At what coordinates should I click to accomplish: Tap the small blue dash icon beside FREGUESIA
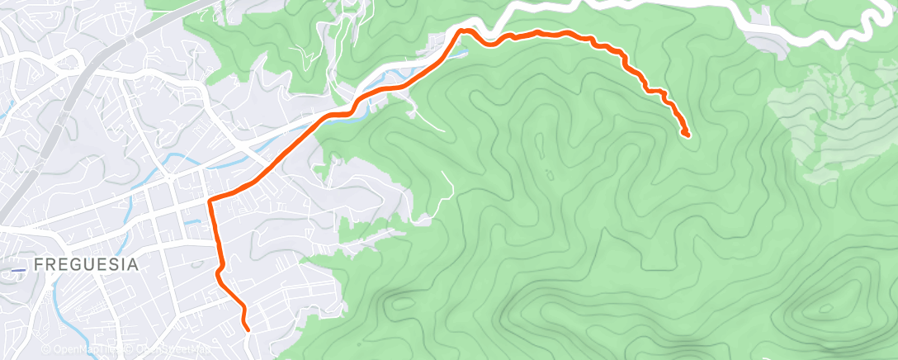tap(20, 268)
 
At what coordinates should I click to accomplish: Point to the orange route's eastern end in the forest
tap(687, 134)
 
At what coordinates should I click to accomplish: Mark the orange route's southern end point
tap(248, 329)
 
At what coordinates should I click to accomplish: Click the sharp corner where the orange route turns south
tap(209, 201)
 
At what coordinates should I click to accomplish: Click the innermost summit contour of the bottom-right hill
tap(822, 310)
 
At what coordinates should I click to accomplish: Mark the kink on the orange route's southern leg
tap(219, 272)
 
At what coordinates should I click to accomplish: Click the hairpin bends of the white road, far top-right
tap(867, 25)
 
